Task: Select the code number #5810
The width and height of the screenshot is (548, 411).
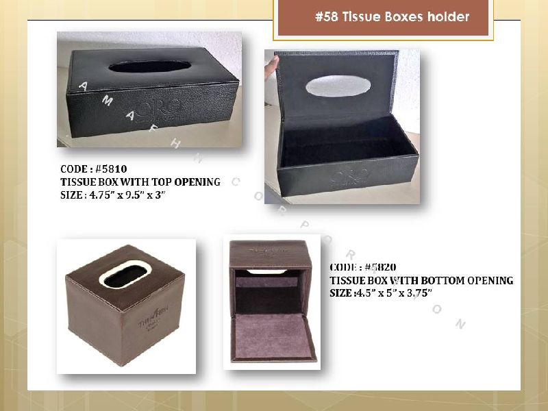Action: pos(112,169)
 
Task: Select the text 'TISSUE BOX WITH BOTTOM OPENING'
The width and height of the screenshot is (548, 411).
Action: pos(421,280)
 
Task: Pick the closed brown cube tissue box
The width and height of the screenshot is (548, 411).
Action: pos(125,308)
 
